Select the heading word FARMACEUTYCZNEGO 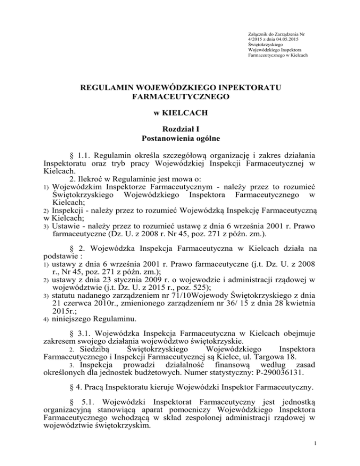point(180,98)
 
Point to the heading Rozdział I point(180,129)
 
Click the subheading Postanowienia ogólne point(180,139)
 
